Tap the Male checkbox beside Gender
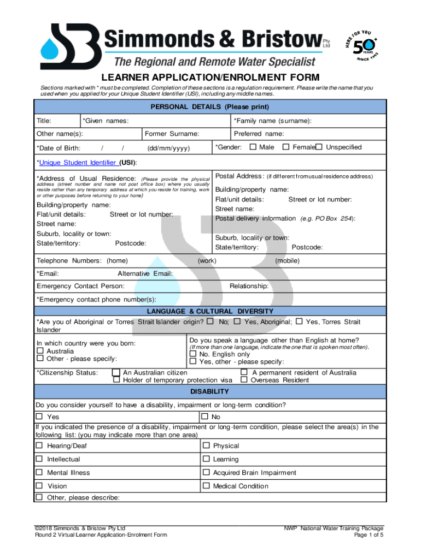pyautogui.click(x=253, y=147)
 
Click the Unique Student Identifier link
pyautogui.click(x=78, y=163)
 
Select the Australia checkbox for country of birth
pyautogui.click(x=39, y=351)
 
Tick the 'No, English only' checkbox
pyautogui.click(x=192, y=354)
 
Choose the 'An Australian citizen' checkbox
pyautogui.click(x=116, y=373)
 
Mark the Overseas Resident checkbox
pyautogui.click(x=244, y=380)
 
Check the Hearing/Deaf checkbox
pyautogui.click(x=39, y=446)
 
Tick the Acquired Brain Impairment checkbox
pyautogui.click(x=206, y=473)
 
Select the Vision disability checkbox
pyautogui.click(x=39, y=486)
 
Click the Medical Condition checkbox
pyautogui.click(x=206, y=486)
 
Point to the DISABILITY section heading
pyautogui.click(x=209, y=392)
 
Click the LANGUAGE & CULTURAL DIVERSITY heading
pyautogui.click(x=209, y=312)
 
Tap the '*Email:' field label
pyautogui.click(x=48, y=273)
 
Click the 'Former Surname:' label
pyautogui.click(x=172, y=134)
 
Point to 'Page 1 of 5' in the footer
pyautogui.click(x=369, y=535)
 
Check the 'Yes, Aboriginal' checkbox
pyautogui.click(x=237, y=322)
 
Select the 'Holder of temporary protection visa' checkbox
pyautogui.click(x=116, y=380)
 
